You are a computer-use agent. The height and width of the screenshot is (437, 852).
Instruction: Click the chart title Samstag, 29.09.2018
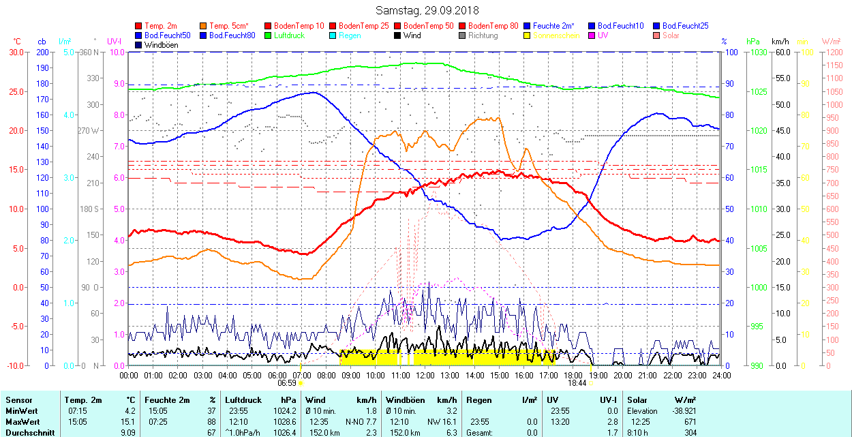[x=427, y=11]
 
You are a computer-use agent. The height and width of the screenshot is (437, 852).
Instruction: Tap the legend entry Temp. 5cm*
[x=229, y=26]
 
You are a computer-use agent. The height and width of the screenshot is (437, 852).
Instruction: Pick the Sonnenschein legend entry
[x=556, y=35]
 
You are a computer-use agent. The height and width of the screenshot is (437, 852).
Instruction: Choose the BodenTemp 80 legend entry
[x=493, y=26]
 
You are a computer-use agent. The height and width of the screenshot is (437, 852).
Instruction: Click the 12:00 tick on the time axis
[x=425, y=375]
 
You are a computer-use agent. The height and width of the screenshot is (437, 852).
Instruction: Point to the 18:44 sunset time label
[x=577, y=383]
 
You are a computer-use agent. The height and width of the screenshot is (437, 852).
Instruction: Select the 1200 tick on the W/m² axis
[x=833, y=52]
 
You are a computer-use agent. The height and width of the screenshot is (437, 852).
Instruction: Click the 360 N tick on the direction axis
[x=89, y=52]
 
